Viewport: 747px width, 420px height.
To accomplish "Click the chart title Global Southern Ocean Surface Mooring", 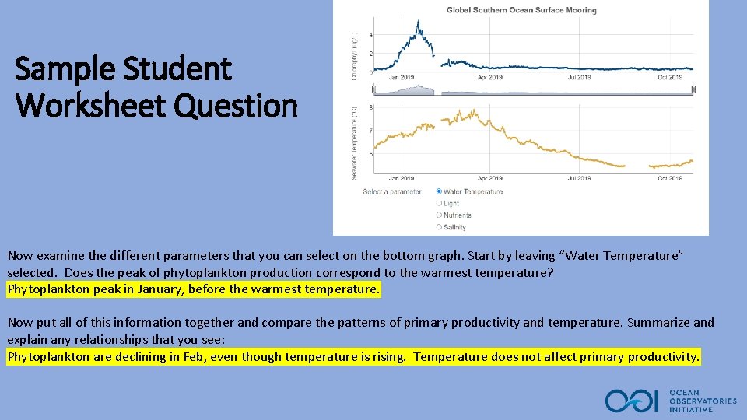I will click(x=521, y=10).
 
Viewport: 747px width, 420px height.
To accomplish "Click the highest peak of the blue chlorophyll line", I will click(x=419, y=23).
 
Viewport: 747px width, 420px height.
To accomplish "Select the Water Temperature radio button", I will click(x=440, y=191).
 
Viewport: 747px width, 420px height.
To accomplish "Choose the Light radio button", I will click(x=440, y=203).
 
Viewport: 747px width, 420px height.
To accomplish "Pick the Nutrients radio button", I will click(x=440, y=215).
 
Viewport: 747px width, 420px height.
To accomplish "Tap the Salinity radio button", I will click(x=440, y=227).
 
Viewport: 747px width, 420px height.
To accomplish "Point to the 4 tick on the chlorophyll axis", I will click(x=371, y=36).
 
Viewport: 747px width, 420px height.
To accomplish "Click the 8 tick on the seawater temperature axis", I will click(x=371, y=107).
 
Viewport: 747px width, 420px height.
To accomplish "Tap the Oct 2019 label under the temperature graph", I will click(x=669, y=178).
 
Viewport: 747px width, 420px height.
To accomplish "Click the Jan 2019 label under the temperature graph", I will click(x=402, y=178).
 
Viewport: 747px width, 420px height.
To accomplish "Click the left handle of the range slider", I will click(x=373, y=90).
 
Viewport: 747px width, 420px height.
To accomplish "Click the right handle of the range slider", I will click(x=693, y=90).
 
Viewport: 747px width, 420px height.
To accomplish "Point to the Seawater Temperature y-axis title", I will click(x=356, y=144).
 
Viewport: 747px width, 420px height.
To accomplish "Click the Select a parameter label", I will click(x=393, y=191).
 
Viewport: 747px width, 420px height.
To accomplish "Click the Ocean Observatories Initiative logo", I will click(x=671, y=401).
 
